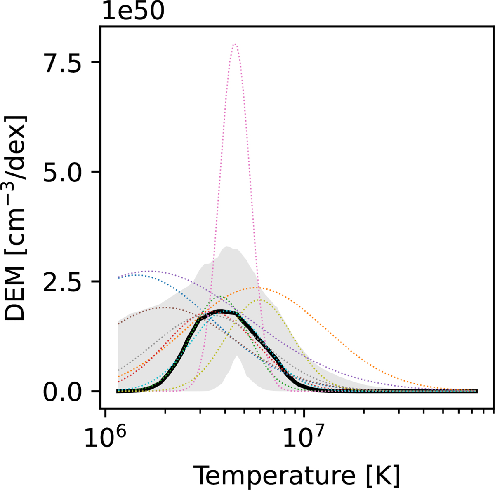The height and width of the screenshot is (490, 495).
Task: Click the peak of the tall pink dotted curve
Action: click(x=235, y=44)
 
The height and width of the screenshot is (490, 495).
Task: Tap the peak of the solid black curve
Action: click(x=221, y=311)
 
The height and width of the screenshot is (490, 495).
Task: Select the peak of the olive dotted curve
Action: click(x=260, y=300)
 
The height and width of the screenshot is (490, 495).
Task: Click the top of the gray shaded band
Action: click(x=226, y=247)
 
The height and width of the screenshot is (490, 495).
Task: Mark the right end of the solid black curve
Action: click(x=477, y=391)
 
